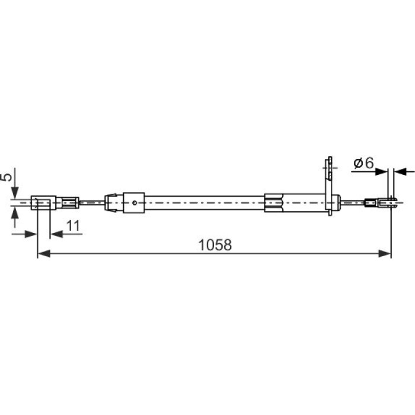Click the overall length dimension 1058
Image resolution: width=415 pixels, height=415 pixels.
215,245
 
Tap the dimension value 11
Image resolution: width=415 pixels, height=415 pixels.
73,226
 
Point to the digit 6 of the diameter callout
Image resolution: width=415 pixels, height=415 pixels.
369,163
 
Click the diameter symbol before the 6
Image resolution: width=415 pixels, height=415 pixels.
358,163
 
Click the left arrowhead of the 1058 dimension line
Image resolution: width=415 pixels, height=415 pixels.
44,253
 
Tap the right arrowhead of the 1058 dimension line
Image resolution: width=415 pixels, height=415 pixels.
385,253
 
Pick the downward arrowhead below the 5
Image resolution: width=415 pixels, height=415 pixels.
15,193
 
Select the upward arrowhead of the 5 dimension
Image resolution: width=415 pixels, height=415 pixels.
15,213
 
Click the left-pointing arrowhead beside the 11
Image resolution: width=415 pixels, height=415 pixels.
56,234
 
